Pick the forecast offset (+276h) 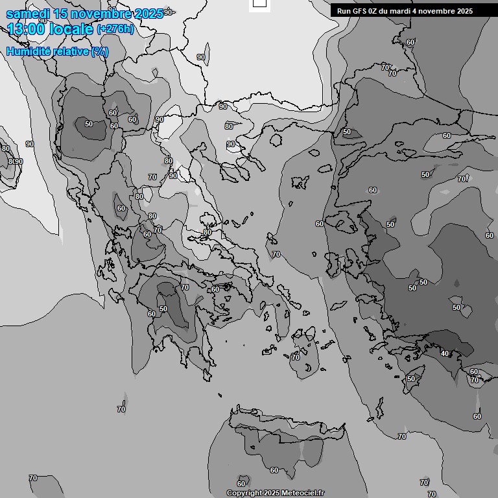115,29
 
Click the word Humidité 28,52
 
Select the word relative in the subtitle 70,52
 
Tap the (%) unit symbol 100,52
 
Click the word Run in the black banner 344,11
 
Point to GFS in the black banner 360,11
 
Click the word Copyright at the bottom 244,493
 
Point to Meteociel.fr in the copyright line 302,493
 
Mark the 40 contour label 444,353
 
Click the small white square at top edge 259,3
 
